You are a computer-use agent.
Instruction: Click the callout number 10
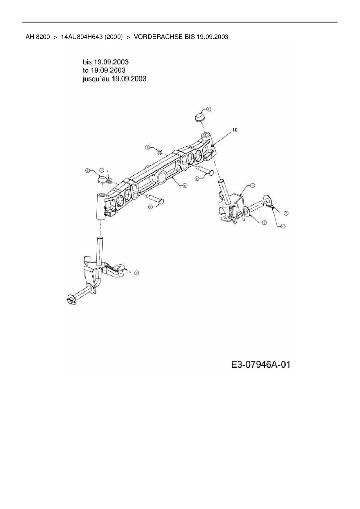pos(235,130)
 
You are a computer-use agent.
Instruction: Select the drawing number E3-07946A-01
pos(260,364)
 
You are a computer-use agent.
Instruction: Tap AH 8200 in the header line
pos(37,37)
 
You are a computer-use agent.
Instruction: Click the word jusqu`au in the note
pos(96,79)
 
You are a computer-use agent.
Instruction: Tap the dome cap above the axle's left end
pos(102,179)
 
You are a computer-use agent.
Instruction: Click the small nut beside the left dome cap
pos(110,181)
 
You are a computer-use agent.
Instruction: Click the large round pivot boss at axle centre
pos(162,176)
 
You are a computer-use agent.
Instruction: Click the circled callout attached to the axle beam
pos(185,185)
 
